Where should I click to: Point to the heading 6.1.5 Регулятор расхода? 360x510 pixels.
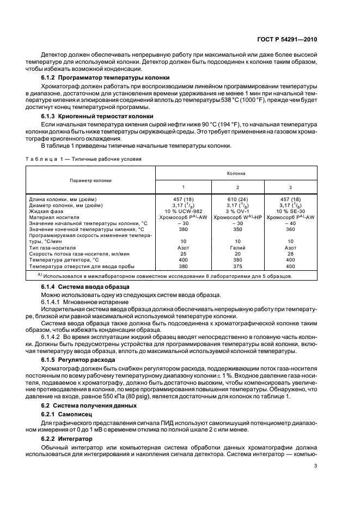tap(78, 360)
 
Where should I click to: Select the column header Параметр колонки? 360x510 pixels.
tap(90, 180)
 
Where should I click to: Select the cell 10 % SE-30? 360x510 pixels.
tap(290, 211)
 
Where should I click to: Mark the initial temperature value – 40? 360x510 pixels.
tap(290, 223)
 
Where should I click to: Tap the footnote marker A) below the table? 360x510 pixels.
tap(40, 275)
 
